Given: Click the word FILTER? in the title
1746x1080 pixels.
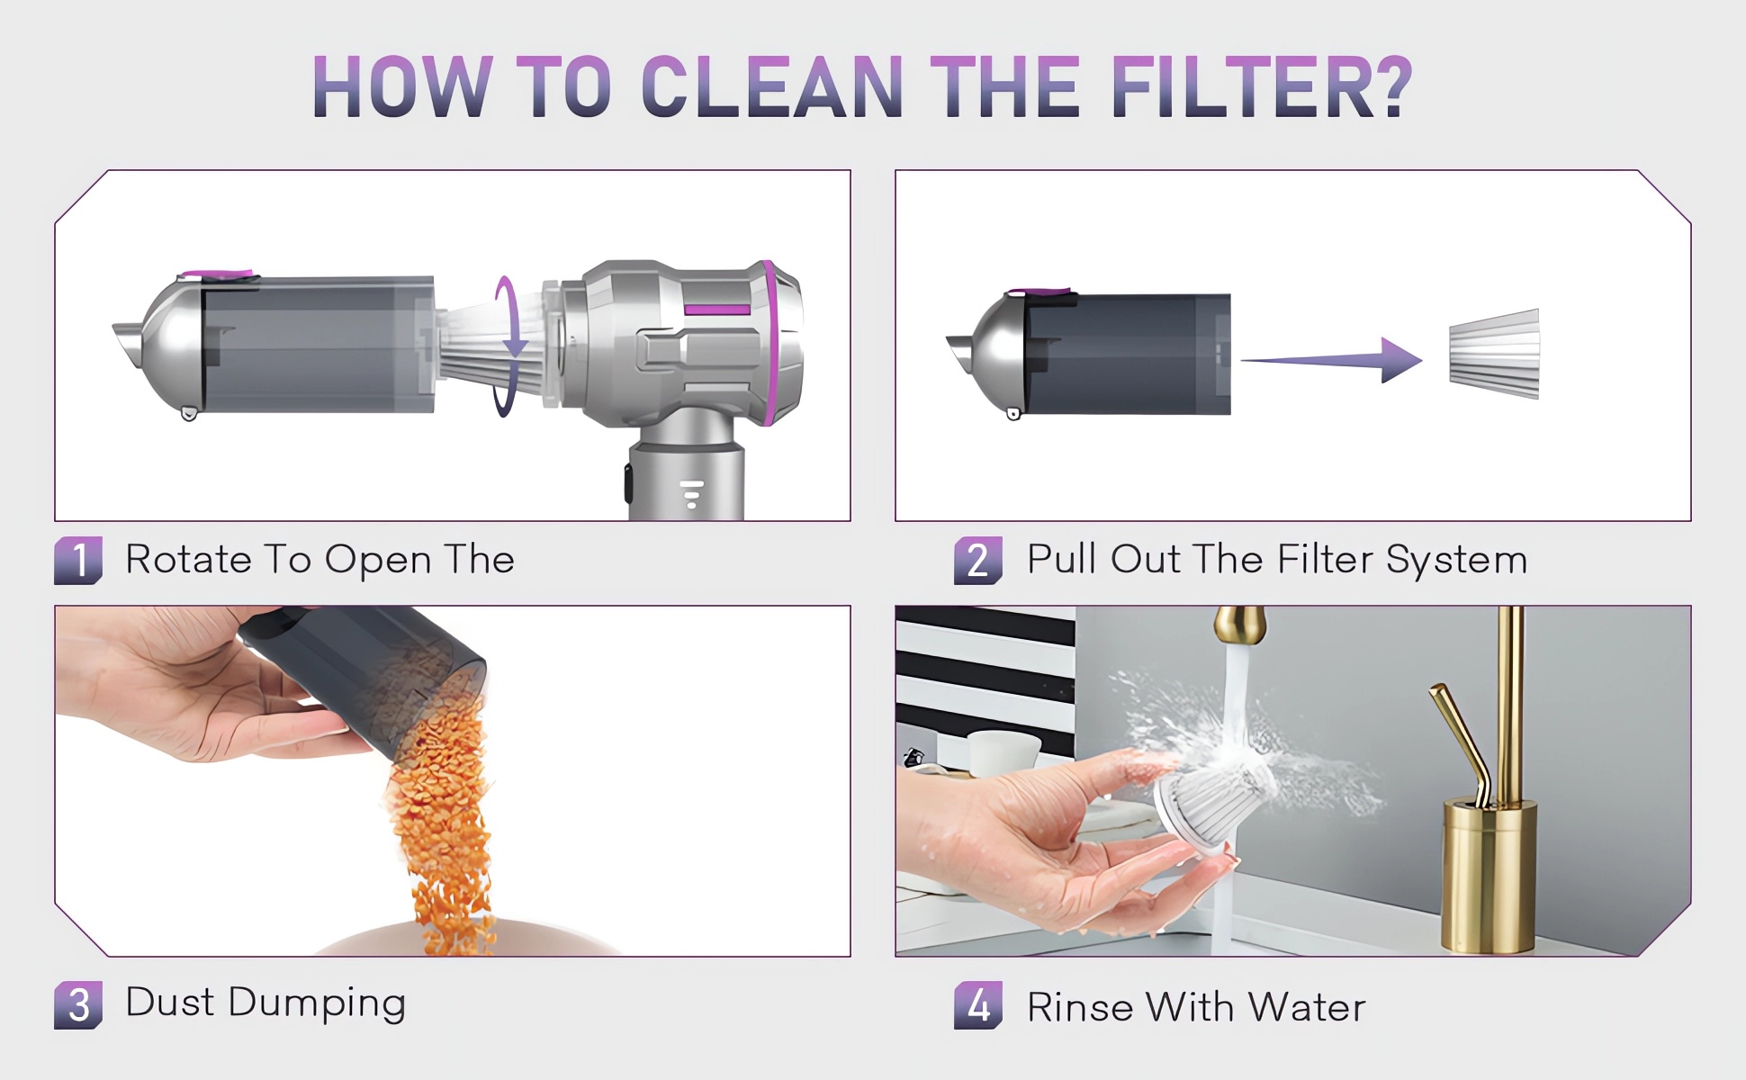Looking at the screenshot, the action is pos(1262,87).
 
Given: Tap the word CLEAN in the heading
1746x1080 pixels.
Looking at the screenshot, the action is pos(772,87).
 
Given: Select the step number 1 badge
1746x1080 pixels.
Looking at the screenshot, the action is pos(78,560).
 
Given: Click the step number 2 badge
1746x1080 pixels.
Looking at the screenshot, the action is pos(978,560).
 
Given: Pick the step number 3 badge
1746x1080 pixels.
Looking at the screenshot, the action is pos(78,1004).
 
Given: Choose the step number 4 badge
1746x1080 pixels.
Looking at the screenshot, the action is pos(978,1004).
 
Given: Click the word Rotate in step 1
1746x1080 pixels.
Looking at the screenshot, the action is pos(188,559).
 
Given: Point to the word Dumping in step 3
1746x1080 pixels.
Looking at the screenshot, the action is pos(317,1003).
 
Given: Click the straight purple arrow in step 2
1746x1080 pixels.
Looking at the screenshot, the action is pos(1332,360).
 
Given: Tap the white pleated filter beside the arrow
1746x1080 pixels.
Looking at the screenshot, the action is pos(1494,354).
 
